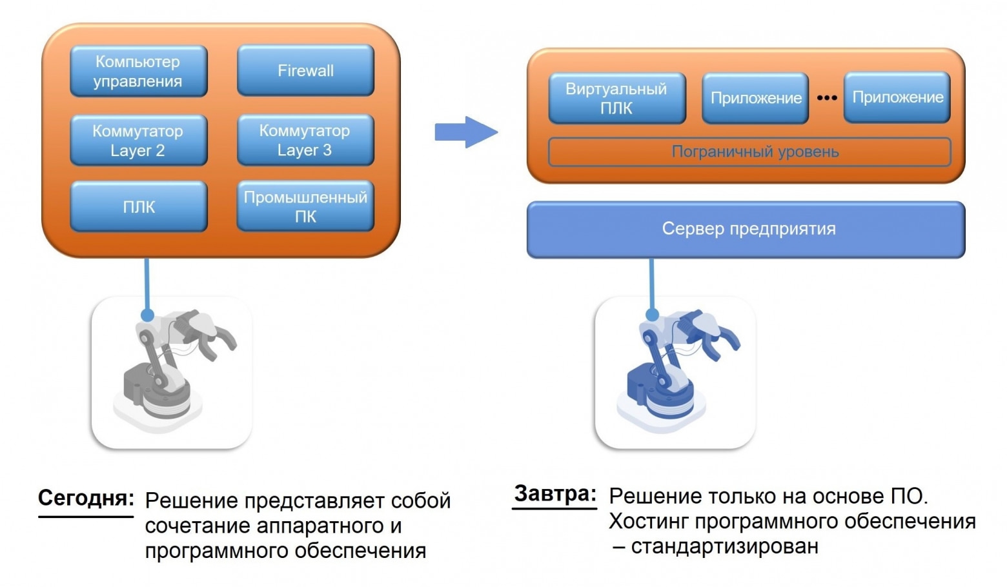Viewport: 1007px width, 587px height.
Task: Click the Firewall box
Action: tap(306, 70)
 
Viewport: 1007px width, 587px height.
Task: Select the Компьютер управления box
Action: tap(138, 71)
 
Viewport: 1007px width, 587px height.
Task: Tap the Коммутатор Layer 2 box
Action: tap(138, 140)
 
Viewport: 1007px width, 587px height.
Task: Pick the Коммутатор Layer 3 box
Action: tap(306, 140)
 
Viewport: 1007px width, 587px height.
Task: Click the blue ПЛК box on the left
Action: tap(138, 206)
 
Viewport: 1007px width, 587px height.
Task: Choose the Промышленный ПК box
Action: tap(306, 206)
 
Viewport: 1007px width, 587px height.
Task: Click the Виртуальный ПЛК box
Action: tap(617, 98)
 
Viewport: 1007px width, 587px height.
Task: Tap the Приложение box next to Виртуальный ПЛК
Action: tap(755, 98)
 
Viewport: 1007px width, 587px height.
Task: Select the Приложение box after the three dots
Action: tap(897, 97)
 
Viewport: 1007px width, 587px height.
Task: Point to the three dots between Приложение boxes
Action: tap(827, 97)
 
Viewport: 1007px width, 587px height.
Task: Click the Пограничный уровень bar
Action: tap(750, 152)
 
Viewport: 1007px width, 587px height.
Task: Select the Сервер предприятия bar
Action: tap(746, 230)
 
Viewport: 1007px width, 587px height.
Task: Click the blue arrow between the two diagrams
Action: tap(466, 132)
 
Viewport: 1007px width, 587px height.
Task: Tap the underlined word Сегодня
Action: tap(86, 498)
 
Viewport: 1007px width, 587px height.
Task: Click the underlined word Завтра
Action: tap(554, 494)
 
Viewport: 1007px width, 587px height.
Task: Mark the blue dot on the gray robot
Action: tap(147, 315)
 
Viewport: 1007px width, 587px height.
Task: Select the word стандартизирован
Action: tap(725, 546)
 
